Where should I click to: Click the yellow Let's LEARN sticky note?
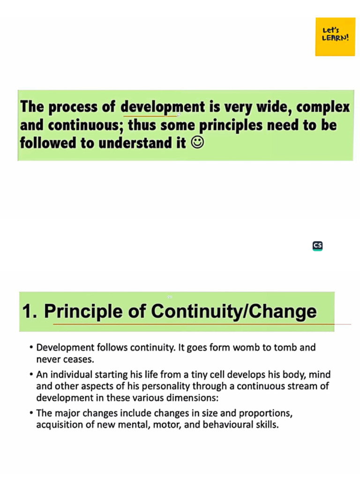click(x=335, y=37)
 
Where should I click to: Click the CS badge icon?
click(x=317, y=246)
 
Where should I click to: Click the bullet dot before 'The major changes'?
click(x=31, y=414)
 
